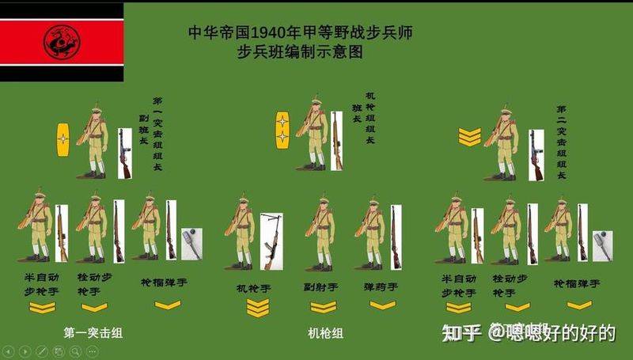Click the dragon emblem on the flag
59,42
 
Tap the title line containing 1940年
301,33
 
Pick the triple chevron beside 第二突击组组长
469,138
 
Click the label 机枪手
254,287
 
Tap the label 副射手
322,287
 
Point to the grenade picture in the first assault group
191,241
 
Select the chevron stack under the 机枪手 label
258,308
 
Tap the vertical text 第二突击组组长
561,142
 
